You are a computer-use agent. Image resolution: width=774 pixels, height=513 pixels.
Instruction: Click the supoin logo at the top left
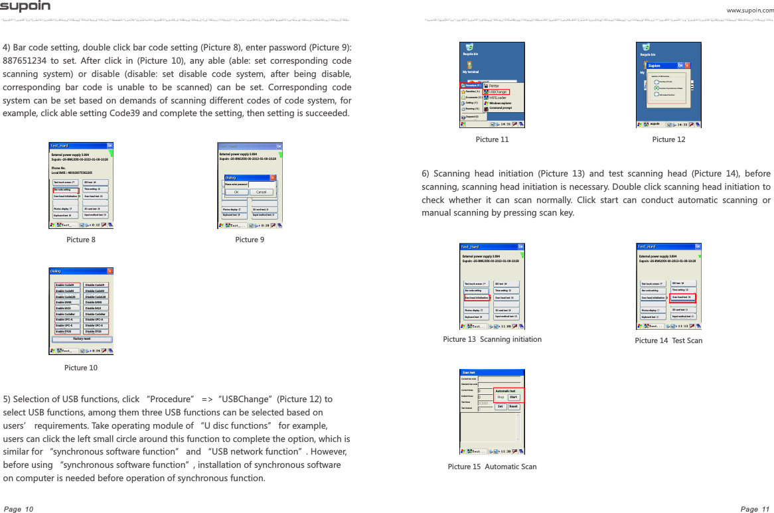click(x=25, y=7)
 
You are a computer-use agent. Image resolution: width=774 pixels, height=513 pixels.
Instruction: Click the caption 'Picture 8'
click(x=80, y=240)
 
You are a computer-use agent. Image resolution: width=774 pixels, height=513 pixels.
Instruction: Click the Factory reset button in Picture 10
click(x=82, y=338)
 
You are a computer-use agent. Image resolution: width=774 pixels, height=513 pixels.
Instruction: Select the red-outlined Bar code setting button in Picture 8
click(x=66, y=189)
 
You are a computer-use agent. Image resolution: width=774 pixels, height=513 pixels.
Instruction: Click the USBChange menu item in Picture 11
click(x=498, y=92)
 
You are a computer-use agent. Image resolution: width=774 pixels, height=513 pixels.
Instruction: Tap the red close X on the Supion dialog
click(x=687, y=66)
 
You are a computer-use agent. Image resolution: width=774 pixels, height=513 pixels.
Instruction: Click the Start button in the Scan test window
click(x=513, y=397)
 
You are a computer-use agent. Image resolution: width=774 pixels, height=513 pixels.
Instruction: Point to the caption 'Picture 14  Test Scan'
click(x=668, y=340)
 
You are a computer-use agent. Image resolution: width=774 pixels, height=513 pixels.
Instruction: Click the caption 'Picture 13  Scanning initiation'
click(x=492, y=339)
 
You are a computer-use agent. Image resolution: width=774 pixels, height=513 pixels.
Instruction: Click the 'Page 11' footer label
click(x=754, y=509)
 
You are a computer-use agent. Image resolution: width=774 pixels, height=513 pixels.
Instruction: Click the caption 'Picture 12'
click(x=668, y=139)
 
